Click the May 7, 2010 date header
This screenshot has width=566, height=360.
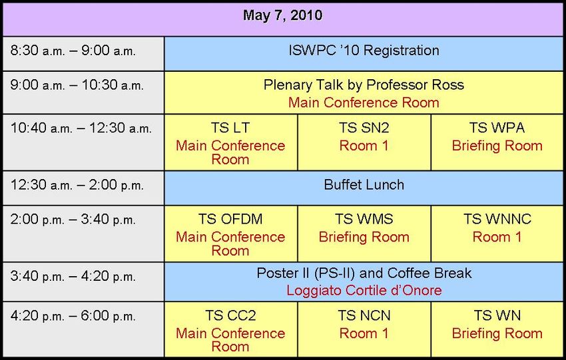pos(282,15)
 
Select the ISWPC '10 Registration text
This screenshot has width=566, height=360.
pos(364,51)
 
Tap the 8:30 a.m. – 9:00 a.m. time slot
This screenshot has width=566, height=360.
pos(73,51)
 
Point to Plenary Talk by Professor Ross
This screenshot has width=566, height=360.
pos(364,85)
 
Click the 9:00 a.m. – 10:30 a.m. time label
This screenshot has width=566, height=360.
pos(77,85)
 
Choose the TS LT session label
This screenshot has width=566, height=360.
pos(230,128)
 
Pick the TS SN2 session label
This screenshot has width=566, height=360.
pos(364,128)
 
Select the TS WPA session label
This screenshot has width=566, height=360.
pos(497,128)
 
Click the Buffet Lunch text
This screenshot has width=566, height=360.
pos(364,185)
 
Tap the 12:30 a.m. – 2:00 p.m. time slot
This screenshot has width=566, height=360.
pos(77,185)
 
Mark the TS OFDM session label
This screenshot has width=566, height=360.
pos(230,219)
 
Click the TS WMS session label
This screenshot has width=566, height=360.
pos(364,219)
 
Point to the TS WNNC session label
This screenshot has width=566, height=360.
pos(497,219)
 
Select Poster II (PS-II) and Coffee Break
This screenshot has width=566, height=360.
pos(364,273)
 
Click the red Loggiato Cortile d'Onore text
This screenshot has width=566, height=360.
pos(364,290)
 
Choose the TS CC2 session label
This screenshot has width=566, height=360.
pos(230,315)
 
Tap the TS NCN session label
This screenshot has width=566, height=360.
pos(364,315)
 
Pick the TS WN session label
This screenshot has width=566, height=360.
pos(497,315)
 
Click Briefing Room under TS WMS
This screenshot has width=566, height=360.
pos(364,237)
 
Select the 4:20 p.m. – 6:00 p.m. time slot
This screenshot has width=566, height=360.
pos(73,316)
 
